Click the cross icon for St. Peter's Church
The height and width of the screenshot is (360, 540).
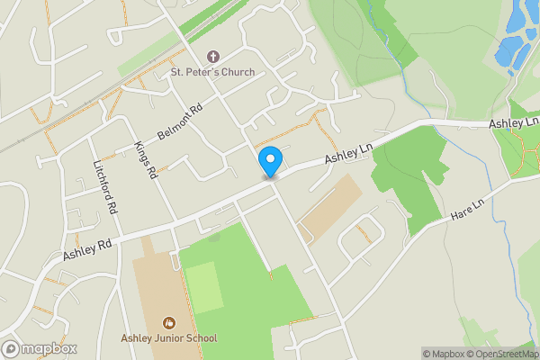(213, 56)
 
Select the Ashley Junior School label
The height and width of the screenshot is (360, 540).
(168, 338)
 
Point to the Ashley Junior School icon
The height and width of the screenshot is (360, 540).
(168, 322)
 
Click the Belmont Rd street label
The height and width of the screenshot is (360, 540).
(181, 121)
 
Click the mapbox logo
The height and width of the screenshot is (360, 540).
(40, 348)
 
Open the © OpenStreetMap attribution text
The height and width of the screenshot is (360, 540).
(507, 354)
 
